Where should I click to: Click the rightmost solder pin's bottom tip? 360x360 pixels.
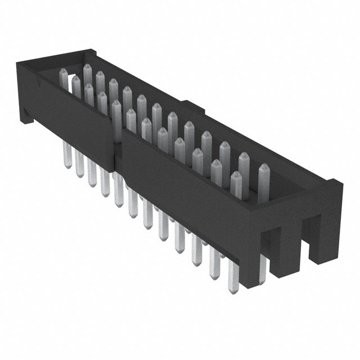pyautogui.click(x=232, y=288)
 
